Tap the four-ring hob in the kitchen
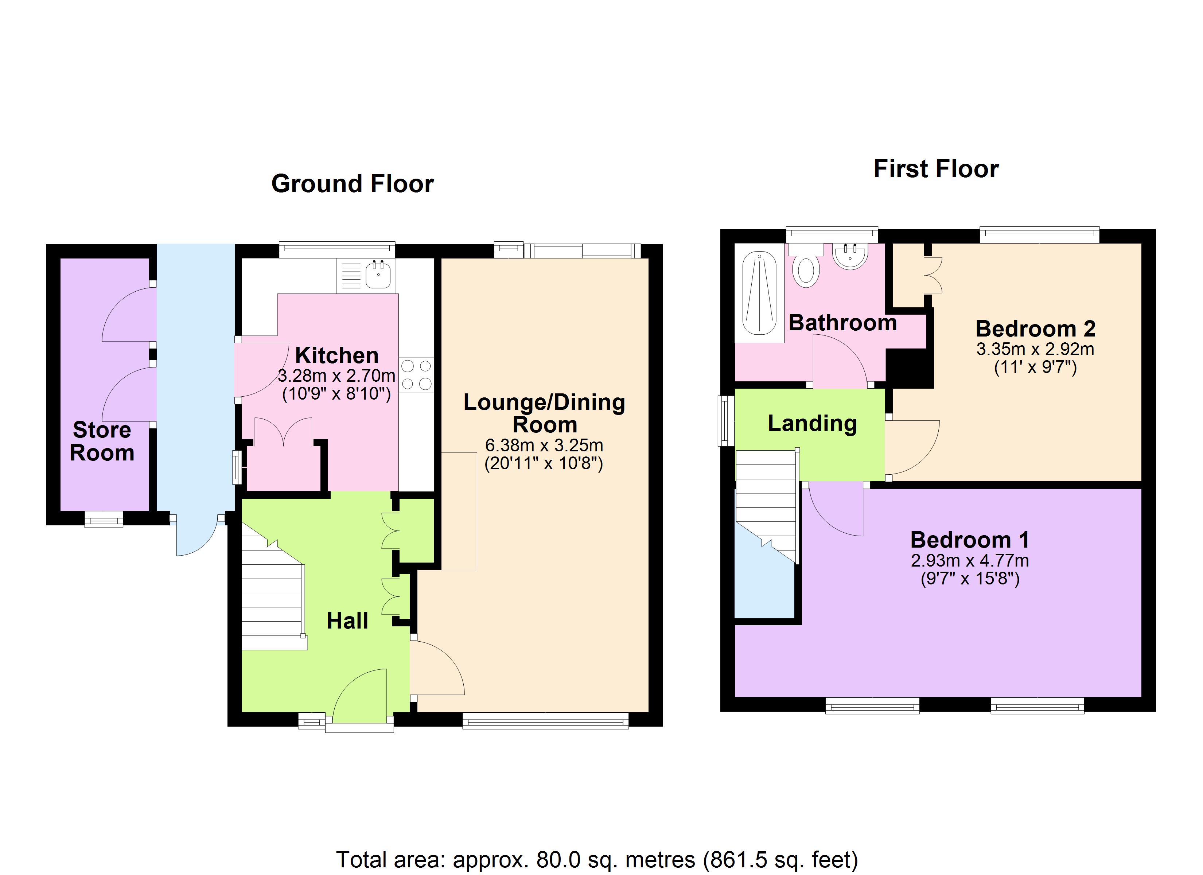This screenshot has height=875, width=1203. (x=416, y=375)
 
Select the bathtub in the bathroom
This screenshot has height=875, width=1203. (x=759, y=293)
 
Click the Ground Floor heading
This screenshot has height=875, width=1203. (x=352, y=184)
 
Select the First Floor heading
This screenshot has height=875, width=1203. (x=936, y=169)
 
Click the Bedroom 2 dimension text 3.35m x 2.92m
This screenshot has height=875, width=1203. (x=1035, y=349)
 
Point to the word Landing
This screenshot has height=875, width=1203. (x=812, y=423)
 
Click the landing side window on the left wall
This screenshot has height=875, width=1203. (x=725, y=421)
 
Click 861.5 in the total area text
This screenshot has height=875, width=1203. (x=736, y=859)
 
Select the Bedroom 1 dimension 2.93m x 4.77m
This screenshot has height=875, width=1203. (x=970, y=560)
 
